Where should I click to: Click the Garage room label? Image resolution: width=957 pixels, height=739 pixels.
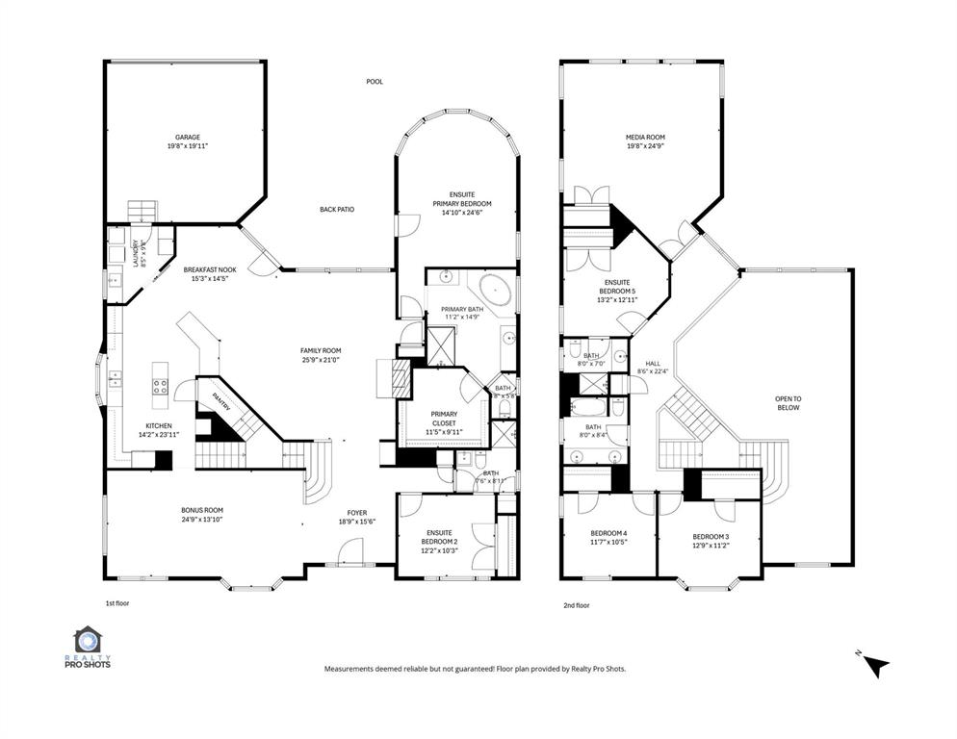pos(187,138)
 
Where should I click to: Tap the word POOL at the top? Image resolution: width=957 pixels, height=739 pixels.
pos(375,82)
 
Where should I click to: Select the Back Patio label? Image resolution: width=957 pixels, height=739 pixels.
pos(337,209)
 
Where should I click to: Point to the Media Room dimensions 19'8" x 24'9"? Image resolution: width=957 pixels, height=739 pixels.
pos(645,147)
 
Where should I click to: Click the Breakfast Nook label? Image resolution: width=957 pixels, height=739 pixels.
pos(211,270)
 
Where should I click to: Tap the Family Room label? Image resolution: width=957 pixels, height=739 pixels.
pos(321,351)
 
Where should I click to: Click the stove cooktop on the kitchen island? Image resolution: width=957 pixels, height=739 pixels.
pos(160,387)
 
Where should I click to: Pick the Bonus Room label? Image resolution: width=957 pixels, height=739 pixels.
pos(202,510)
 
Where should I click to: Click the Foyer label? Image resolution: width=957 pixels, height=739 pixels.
pos(357,512)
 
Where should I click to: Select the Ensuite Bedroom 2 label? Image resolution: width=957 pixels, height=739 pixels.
pos(439,537)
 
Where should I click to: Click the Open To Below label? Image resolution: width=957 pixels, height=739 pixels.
pos(789,402)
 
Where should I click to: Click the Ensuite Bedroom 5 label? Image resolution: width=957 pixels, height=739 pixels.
pos(617,285)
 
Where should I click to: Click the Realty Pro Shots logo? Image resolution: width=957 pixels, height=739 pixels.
pos(89,648)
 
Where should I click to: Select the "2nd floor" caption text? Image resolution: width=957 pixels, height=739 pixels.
pos(575,605)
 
